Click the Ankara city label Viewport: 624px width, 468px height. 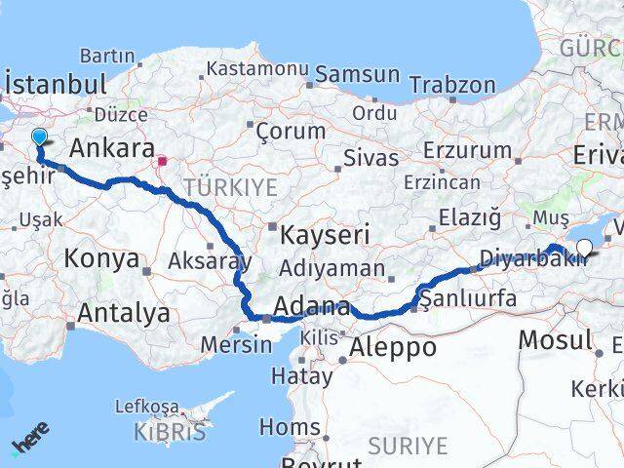113,150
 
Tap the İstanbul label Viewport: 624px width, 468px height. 56,84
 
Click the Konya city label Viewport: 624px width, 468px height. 101,259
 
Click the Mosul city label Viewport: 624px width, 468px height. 555,340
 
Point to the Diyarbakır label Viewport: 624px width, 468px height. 533,260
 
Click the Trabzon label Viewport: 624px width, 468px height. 452,85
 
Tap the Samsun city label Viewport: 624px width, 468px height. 357,74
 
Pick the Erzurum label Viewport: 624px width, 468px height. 468,151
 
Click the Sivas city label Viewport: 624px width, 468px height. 371,158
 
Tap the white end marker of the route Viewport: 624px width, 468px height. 584,247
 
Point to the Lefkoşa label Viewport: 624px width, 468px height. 146,406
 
